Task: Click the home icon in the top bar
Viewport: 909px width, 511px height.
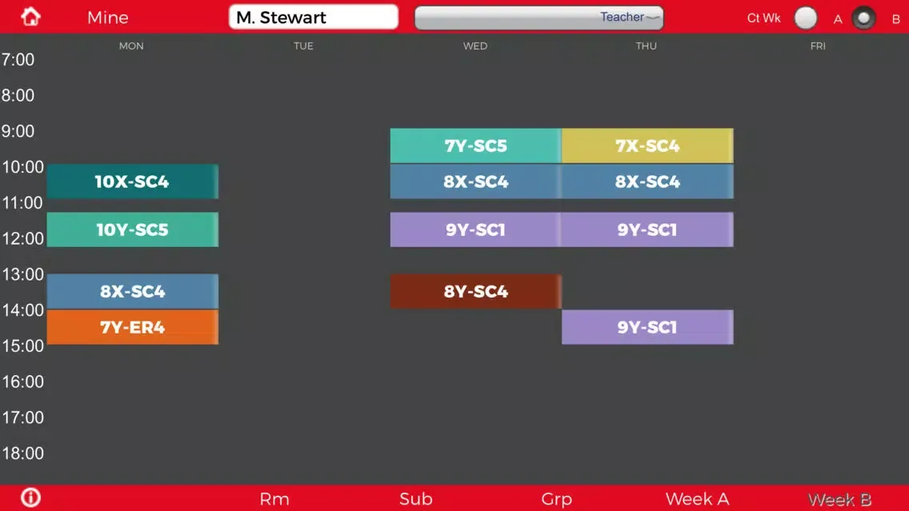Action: click(x=30, y=17)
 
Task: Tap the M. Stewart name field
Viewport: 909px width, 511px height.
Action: click(x=313, y=17)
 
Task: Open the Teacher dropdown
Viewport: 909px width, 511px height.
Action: click(x=539, y=18)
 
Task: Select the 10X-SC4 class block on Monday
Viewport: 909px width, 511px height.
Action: click(x=133, y=182)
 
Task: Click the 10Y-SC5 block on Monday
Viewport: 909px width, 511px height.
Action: click(x=133, y=230)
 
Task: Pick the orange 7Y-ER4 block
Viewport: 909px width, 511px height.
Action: click(x=133, y=327)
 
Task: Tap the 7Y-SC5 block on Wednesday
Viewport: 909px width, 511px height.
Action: click(x=476, y=146)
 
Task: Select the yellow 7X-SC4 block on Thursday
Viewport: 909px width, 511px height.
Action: click(x=647, y=146)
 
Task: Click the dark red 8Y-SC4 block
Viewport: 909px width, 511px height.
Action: click(x=476, y=291)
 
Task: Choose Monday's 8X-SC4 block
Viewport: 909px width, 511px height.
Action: click(x=133, y=291)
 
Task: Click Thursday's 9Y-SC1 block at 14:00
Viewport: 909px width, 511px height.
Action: click(x=647, y=327)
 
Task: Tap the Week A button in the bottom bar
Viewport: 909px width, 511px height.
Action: click(x=697, y=499)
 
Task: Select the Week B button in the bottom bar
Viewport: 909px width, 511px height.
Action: click(x=839, y=499)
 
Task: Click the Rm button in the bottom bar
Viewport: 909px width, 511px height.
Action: click(x=274, y=499)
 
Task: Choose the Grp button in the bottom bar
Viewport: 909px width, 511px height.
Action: click(x=557, y=499)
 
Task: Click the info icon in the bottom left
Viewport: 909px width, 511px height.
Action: click(x=30, y=497)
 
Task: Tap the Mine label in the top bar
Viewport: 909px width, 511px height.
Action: click(x=108, y=18)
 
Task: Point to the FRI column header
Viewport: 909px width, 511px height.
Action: click(x=818, y=46)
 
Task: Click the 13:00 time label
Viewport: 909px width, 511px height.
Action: click(x=22, y=274)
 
